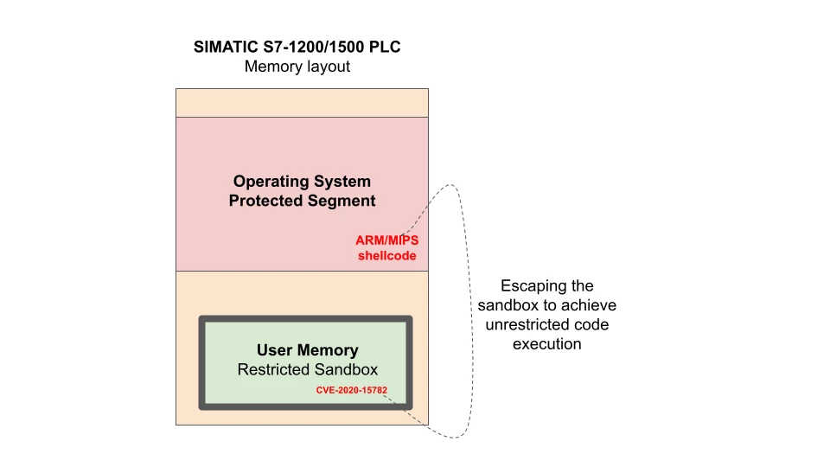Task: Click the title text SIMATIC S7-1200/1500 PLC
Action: [297, 47]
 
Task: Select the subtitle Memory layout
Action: [297, 67]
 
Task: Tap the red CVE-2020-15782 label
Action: [351, 390]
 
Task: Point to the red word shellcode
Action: [386, 256]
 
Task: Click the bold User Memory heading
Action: [307, 350]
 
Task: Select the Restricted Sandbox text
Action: [307, 370]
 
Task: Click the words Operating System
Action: [302, 182]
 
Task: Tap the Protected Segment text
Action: [302, 201]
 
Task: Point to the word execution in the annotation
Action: [546, 344]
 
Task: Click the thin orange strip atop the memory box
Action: [302, 102]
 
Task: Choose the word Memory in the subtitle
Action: [271, 67]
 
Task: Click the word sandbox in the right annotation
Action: [508, 305]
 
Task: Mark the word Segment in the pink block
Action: [342, 201]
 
